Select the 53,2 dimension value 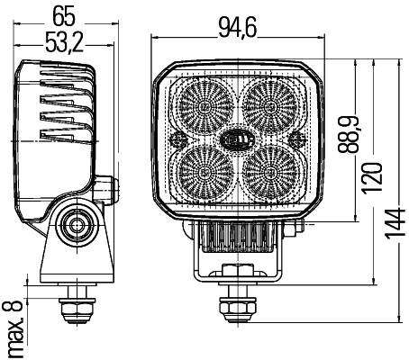point(64,42)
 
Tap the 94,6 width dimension point(238,28)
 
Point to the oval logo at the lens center point(237,138)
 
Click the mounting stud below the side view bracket point(75,302)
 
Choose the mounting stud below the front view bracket point(237,303)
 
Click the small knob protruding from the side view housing point(111,189)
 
